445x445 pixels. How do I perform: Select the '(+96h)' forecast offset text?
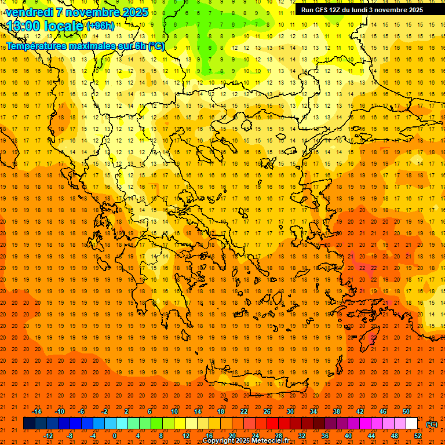click(x=100, y=26)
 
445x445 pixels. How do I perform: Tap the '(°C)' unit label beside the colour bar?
click(x=432, y=424)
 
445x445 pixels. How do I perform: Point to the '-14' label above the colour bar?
click(x=37, y=411)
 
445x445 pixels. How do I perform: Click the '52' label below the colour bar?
click(x=418, y=436)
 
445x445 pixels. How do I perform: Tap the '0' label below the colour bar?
click(x=115, y=436)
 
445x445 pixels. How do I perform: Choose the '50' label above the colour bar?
click(x=406, y=411)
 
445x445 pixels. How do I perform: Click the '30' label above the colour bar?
click(x=290, y=411)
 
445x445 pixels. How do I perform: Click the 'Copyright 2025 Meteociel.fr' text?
click(x=246, y=441)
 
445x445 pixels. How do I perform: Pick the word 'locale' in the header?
click(x=65, y=26)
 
